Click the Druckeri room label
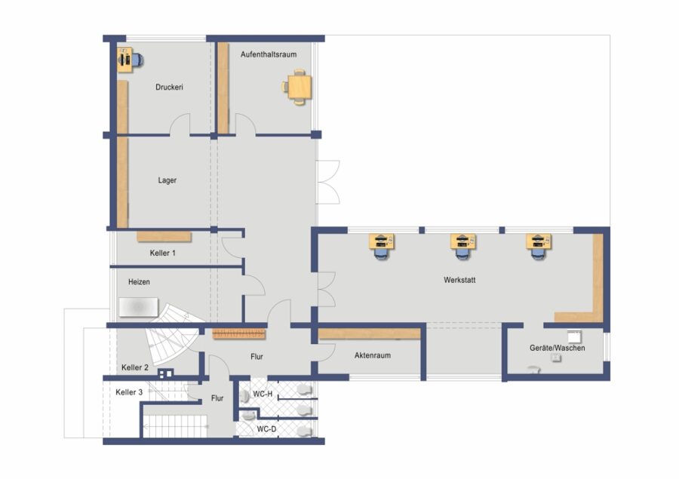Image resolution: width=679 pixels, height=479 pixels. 169,87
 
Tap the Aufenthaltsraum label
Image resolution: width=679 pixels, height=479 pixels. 269,54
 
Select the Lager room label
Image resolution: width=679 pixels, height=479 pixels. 167,180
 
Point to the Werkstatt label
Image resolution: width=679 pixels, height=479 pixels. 459,280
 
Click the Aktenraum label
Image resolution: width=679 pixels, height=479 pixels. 373,355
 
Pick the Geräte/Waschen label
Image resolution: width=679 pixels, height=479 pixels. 558,348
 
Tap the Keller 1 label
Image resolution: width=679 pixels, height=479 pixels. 163,253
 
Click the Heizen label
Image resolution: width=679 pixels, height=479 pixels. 139,282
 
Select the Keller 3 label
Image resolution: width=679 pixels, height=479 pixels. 129,392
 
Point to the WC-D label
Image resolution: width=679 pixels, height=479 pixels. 266,429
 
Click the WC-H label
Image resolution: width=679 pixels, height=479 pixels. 263,394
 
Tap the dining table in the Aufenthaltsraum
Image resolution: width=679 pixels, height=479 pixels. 300,87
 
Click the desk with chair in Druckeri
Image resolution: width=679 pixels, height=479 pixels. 130,60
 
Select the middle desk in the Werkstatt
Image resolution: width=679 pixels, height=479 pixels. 463,246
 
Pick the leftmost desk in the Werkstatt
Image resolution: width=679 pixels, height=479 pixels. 382,246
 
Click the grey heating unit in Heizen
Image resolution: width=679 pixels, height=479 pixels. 139,307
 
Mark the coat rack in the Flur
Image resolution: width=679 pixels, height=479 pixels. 238,333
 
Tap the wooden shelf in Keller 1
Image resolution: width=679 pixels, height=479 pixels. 164,236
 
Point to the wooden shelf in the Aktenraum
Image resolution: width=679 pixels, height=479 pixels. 370,333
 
